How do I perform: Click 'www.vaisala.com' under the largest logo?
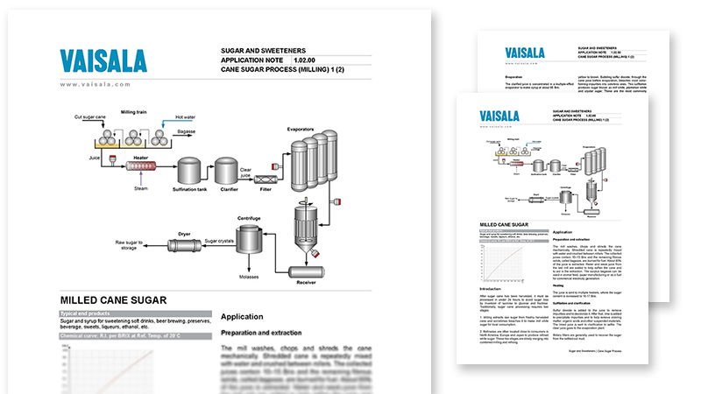(96, 84)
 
